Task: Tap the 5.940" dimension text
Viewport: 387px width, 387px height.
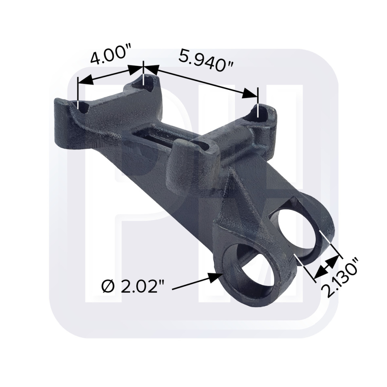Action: click(206, 60)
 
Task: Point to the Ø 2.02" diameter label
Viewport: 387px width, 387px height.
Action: click(133, 287)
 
